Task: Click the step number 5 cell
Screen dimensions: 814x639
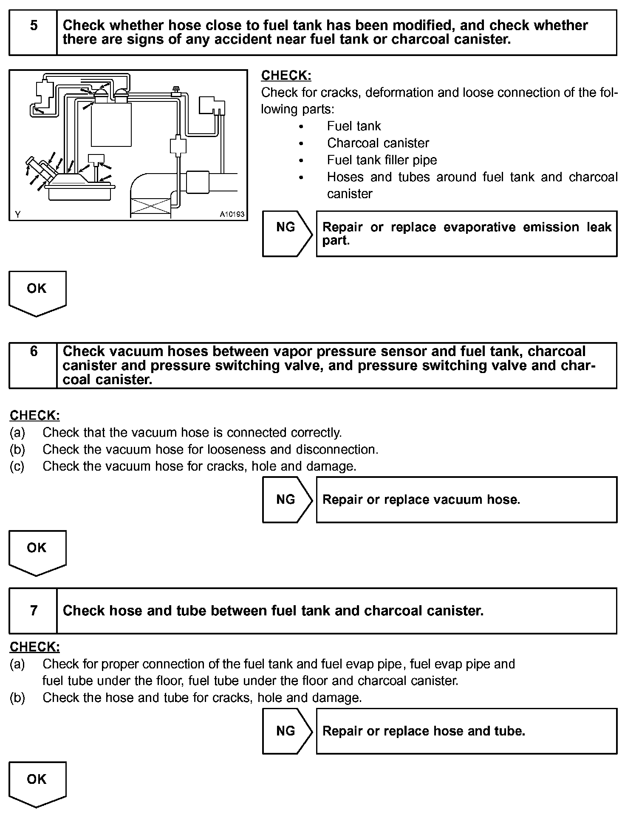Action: point(33,33)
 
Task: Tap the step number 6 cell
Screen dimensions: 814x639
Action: point(33,365)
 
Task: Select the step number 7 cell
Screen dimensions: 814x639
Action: point(33,610)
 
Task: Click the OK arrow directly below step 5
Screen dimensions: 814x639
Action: point(37,293)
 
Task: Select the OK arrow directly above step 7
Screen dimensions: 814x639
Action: point(37,552)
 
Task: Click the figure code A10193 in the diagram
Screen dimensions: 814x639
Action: point(232,214)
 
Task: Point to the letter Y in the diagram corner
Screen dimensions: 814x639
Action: point(18,214)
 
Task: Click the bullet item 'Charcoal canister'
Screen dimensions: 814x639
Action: point(378,143)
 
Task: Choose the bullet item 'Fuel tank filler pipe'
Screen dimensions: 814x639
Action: point(382,160)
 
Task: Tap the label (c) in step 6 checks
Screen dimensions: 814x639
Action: point(17,466)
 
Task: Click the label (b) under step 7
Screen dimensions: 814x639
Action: point(17,698)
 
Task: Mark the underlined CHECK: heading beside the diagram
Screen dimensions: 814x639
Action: point(286,76)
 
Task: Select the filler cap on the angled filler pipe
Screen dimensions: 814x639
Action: point(31,162)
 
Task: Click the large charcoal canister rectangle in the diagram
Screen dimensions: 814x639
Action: point(111,124)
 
